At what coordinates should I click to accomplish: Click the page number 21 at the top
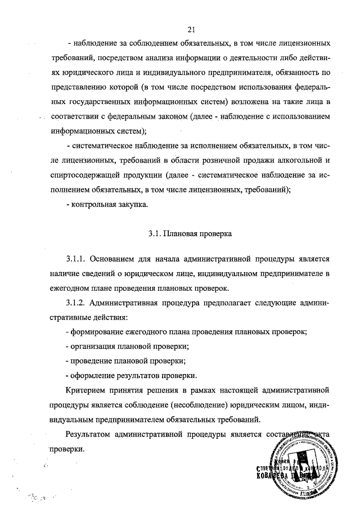pos(192,30)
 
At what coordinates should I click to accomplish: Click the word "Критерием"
pos(86,389)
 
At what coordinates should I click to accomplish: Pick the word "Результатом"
pos(89,435)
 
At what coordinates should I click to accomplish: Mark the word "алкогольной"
pos(297,160)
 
